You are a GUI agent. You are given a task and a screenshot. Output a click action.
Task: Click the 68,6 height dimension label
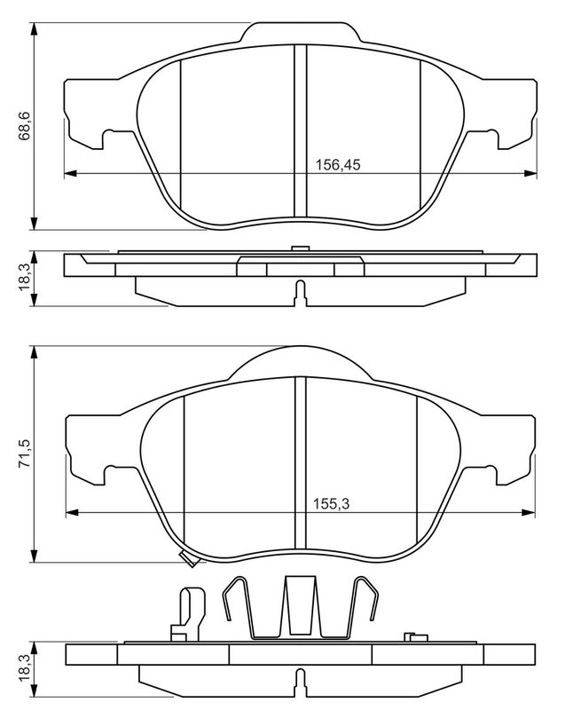(x=25, y=125)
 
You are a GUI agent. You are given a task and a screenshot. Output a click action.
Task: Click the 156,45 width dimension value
(x=338, y=165)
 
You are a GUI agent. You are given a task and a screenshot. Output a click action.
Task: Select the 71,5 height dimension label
(x=25, y=453)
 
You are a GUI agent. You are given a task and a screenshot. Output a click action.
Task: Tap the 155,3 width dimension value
(x=332, y=504)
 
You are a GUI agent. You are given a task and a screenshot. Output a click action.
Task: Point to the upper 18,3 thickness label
(x=25, y=278)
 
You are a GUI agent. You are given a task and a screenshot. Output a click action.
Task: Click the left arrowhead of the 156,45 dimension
(x=71, y=173)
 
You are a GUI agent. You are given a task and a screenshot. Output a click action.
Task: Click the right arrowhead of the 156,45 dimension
(x=530, y=173)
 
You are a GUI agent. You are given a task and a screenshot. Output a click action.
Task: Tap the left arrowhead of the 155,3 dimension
(x=73, y=513)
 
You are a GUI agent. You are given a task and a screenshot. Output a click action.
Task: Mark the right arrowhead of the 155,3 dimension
(x=528, y=513)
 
